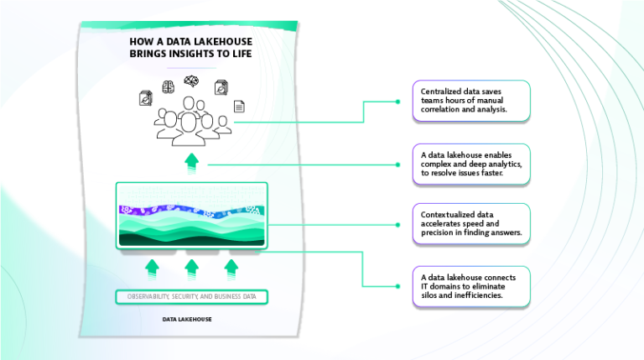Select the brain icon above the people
[x=168, y=86]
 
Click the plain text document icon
[x=239, y=107]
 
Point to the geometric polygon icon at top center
[x=192, y=81]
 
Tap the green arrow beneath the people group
[x=192, y=161]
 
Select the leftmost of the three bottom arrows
[x=152, y=268]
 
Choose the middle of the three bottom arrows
[x=192, y=268]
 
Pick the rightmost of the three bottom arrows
[x=231, y=268]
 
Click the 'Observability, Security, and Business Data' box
[x=192, y=297]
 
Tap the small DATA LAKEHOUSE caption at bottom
[x=187, y=320]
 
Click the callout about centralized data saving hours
[x=470, y=102]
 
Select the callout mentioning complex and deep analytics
[x=470, y=163]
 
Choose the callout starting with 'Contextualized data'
[x=470, y=223]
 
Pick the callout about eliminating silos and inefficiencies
[x=470, y=286]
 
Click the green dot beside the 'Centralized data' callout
[x=397, y=102]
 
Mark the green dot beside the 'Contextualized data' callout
[x=397, y=224]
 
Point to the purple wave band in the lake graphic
[x=192, y=211]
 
